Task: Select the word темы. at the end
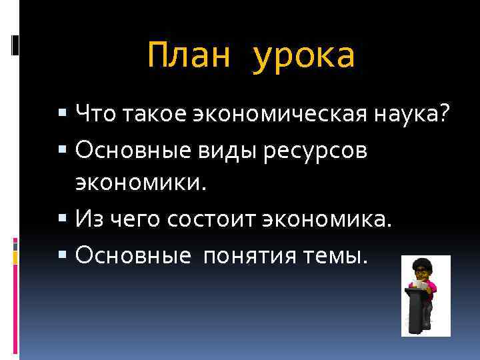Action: point(341,253)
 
